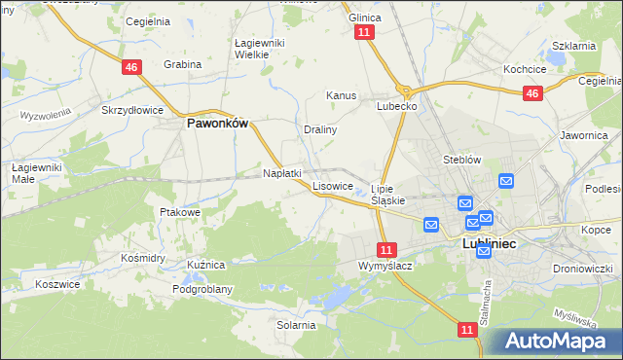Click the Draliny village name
pos(320,128)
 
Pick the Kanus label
pos(342,96)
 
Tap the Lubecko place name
pos(397,106)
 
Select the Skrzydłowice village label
pos(132,110)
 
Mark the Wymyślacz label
pos(386,266)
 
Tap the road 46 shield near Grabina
pos(133,66)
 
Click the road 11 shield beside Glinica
pos(364,33)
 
